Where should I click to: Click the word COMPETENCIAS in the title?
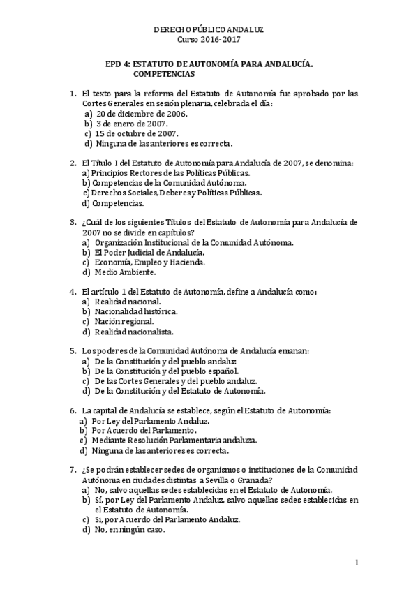click(x=163, y=73)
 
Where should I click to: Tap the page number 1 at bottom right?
click(x=357, y=563)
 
